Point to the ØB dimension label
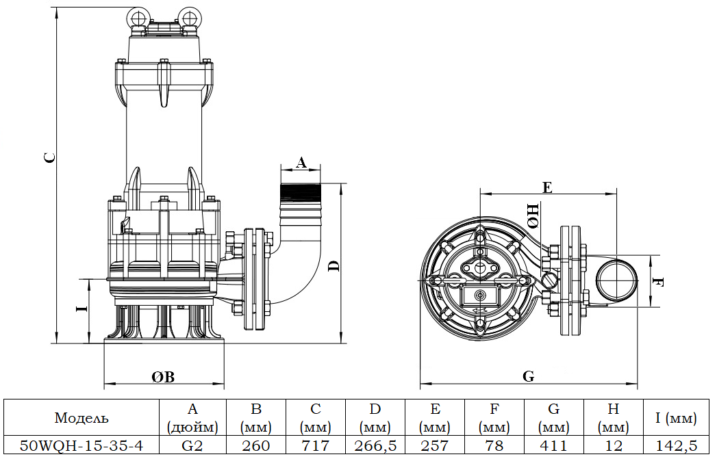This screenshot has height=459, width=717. (x=163, y=377)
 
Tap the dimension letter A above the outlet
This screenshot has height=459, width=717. (x=301, y=162)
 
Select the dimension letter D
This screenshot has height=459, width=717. (x=334, y=265)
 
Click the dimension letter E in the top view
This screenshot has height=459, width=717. (x=547, y=187)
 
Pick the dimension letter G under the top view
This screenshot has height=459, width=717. (x=528, y=376)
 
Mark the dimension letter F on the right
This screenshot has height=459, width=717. (x=658, y=281)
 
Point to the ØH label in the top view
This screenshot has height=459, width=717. (x=533, y=216)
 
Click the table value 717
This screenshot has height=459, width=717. (x=315, y=446)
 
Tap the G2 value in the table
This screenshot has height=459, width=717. (x=192, y=446)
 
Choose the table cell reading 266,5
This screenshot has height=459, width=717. (x=375, y=446)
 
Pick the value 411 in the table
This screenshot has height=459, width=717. (x=553, y=446)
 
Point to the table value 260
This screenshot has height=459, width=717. (x=255, y=446)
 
